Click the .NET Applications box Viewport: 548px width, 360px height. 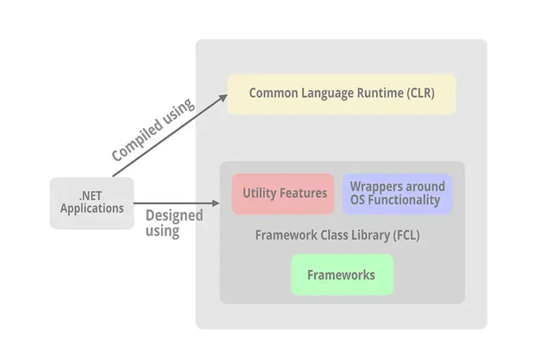(92, 203)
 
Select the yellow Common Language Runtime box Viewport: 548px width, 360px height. (341, 94)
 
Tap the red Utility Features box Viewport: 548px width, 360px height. (284, 194)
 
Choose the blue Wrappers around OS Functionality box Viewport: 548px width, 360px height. (397, 194)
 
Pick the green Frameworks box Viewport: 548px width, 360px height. (341, 275)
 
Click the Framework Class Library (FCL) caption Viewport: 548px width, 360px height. (337, 235)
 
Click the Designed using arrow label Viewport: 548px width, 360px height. (174, 223)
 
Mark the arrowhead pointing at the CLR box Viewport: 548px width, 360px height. (224, 97)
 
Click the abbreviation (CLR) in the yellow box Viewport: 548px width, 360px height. (419, 93)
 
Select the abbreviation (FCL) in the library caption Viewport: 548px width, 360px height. (406, 235)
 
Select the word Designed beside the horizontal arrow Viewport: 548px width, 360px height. (174, 216)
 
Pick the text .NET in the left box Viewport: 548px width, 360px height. (92, 195)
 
